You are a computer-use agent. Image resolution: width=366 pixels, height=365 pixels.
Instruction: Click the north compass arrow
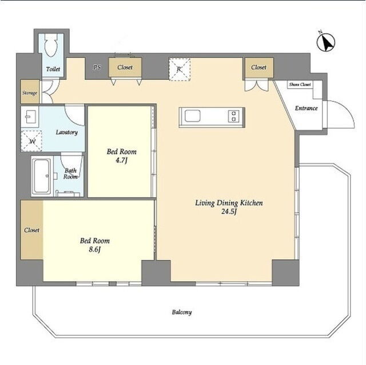(x=326, y=42)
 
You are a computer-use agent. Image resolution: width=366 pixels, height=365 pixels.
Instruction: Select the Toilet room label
(x=53, y=69)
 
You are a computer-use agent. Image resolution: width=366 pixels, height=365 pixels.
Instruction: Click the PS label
(x=97, y=67)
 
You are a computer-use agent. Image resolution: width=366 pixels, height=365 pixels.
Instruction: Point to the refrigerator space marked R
(x=179, y=70)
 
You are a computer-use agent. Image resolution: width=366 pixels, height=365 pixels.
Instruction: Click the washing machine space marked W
(x=31, y=141)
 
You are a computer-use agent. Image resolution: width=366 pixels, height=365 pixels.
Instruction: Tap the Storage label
(x=30, y=93)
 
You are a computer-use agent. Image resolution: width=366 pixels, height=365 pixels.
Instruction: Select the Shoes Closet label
(x=300, y=85)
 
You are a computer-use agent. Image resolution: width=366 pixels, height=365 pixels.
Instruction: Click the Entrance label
(x=307, y=108)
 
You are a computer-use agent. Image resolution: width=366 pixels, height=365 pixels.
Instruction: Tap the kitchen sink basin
(x=193, y=116)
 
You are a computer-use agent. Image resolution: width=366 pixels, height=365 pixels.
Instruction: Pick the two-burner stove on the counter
(x=234, y=116)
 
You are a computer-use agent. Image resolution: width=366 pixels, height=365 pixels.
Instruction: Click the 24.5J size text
(x=229, y=212)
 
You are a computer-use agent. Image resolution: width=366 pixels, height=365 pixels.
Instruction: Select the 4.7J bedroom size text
(x=121, y=161)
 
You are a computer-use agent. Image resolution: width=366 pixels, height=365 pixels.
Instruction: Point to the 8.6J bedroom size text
(x=94, y=250)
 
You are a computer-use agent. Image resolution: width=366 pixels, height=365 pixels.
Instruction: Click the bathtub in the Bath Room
(x=41, y=176)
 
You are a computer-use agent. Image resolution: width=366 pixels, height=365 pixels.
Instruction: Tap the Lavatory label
(x=67, y=133)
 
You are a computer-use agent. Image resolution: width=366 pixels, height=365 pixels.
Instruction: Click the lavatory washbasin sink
(x=30, y=117)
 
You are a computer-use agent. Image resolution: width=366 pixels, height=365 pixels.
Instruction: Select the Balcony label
(x=182, y=312)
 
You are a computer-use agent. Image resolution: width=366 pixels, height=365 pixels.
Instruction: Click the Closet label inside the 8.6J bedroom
(x=32, y=230)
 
